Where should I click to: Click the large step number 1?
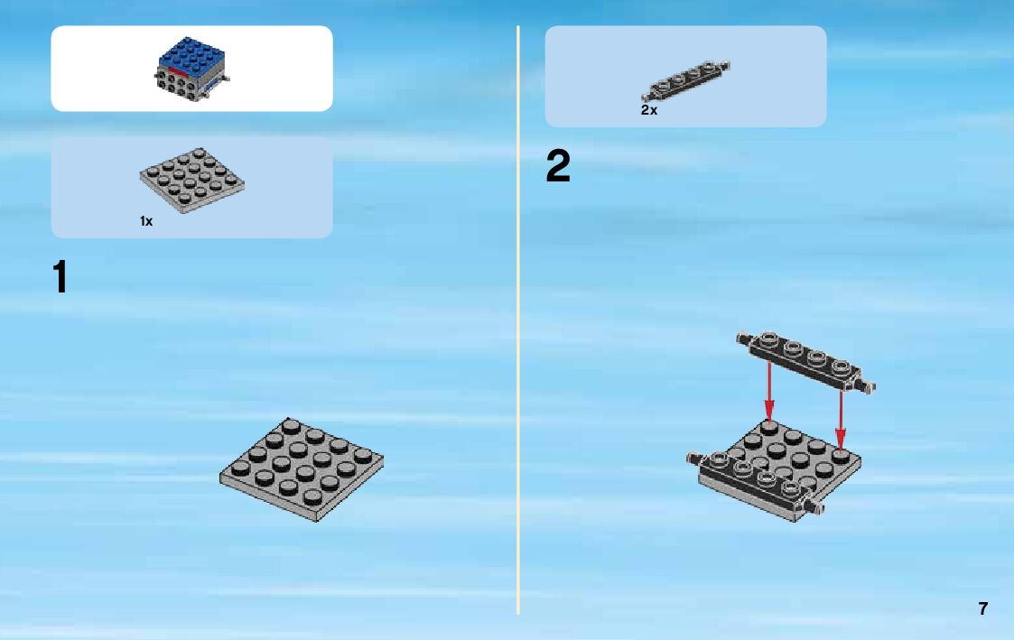(60, 276)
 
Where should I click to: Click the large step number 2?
(558, 165)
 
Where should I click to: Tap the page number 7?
(983, 608)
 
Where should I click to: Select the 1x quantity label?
(146, 221)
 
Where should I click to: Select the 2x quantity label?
(648, 110)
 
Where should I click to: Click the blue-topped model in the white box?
(191, 69)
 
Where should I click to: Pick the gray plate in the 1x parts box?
(192, 181)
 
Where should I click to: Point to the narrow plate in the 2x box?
(685, 80)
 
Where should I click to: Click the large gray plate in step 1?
(302, 469)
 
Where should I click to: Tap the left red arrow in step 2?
(769, 391)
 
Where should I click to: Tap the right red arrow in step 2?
(840, 420)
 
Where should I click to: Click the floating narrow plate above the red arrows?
(805, 361)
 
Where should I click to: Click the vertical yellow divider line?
(518, 320)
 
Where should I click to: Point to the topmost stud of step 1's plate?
(291, 425)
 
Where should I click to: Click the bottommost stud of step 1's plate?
(312, 497)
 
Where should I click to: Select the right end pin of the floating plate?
(868, 386)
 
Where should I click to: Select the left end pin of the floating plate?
(743, 338)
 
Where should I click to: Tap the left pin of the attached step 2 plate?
(693, 459)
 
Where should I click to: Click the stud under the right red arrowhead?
(840, 456)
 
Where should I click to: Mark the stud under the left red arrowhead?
(769, 426)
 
